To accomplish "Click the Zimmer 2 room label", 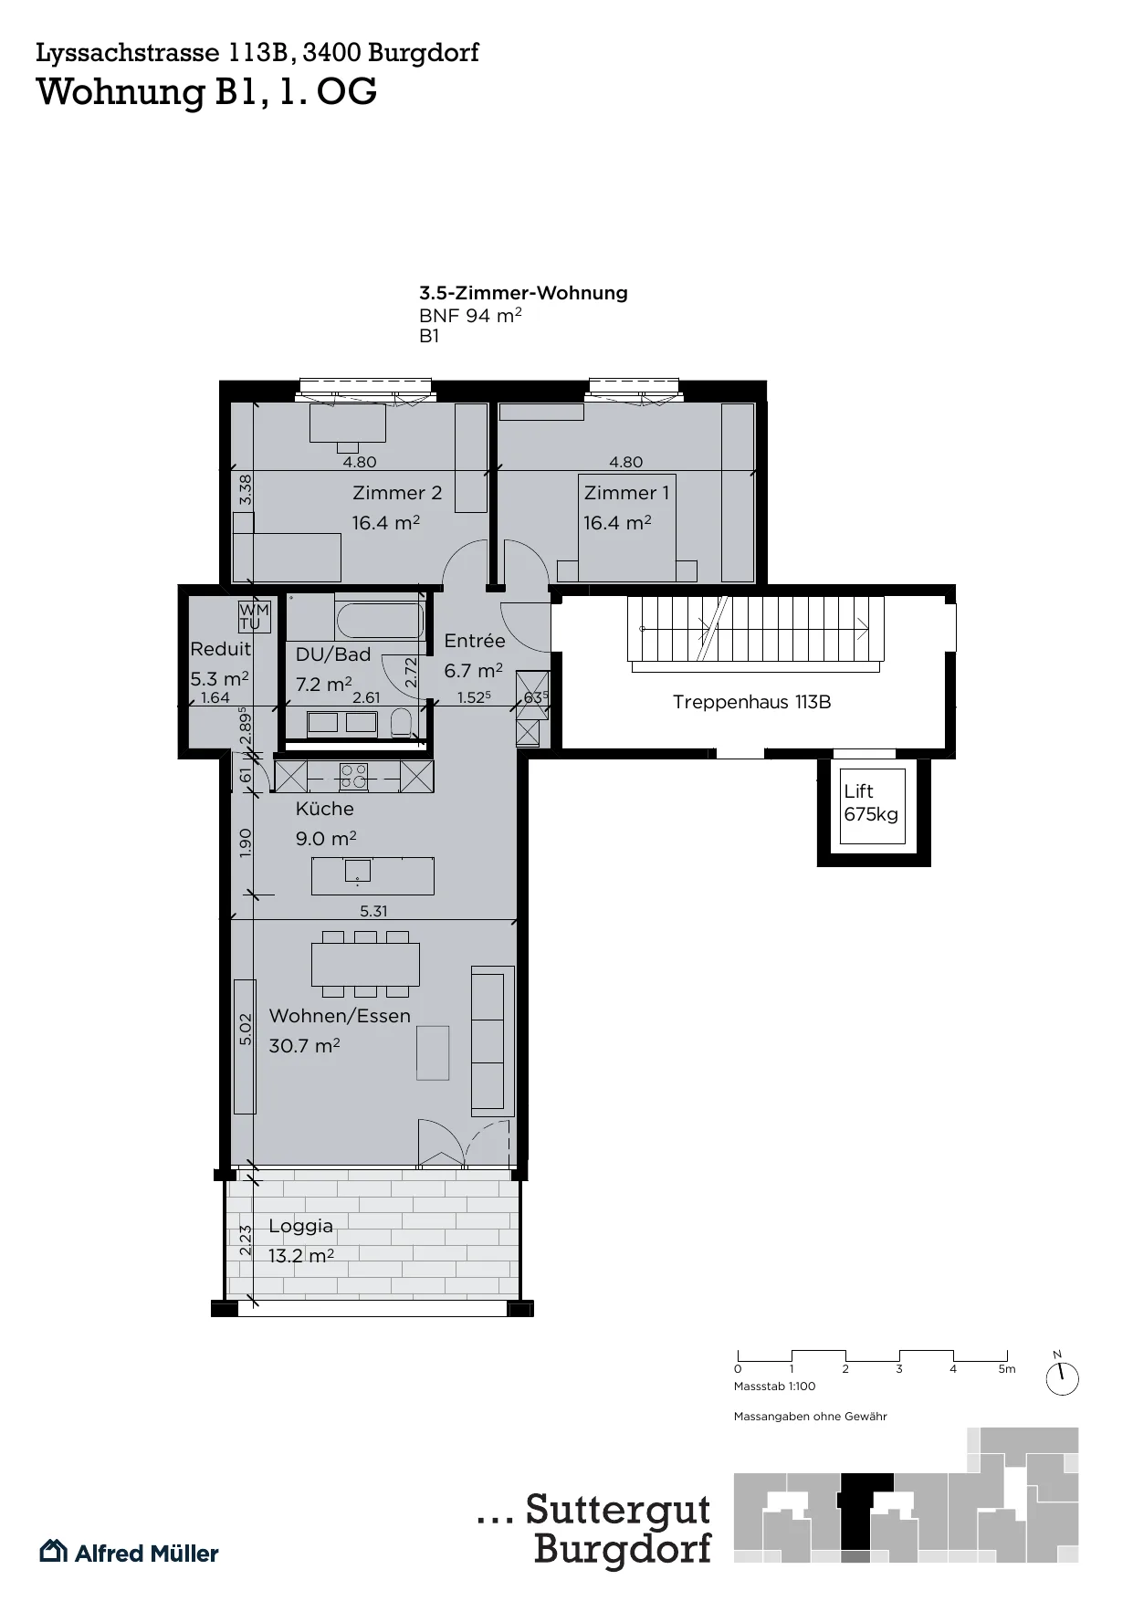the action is tap(397, 493).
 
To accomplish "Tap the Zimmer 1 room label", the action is tap(626, 493).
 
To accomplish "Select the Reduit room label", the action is tap(221, 649).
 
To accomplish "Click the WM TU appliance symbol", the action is tap(255, 617).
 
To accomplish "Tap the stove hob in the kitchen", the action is tap(353, 777).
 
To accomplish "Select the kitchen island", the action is tap(372, 876).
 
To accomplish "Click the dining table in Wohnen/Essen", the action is tap(365, 965).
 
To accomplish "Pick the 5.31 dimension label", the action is tap(374, 911).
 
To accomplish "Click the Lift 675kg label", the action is tap(871, 802).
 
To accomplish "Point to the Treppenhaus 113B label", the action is tap(751, 702).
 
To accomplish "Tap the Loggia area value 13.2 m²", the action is tap(301, 1256).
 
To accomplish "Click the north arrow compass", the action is tap(1062, 1377).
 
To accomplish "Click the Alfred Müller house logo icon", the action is tap(53, 1551).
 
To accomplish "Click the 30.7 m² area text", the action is tap(304, 1046).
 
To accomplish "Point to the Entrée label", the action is tap(475, 641).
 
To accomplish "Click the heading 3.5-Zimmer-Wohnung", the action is tap(523, 293).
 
